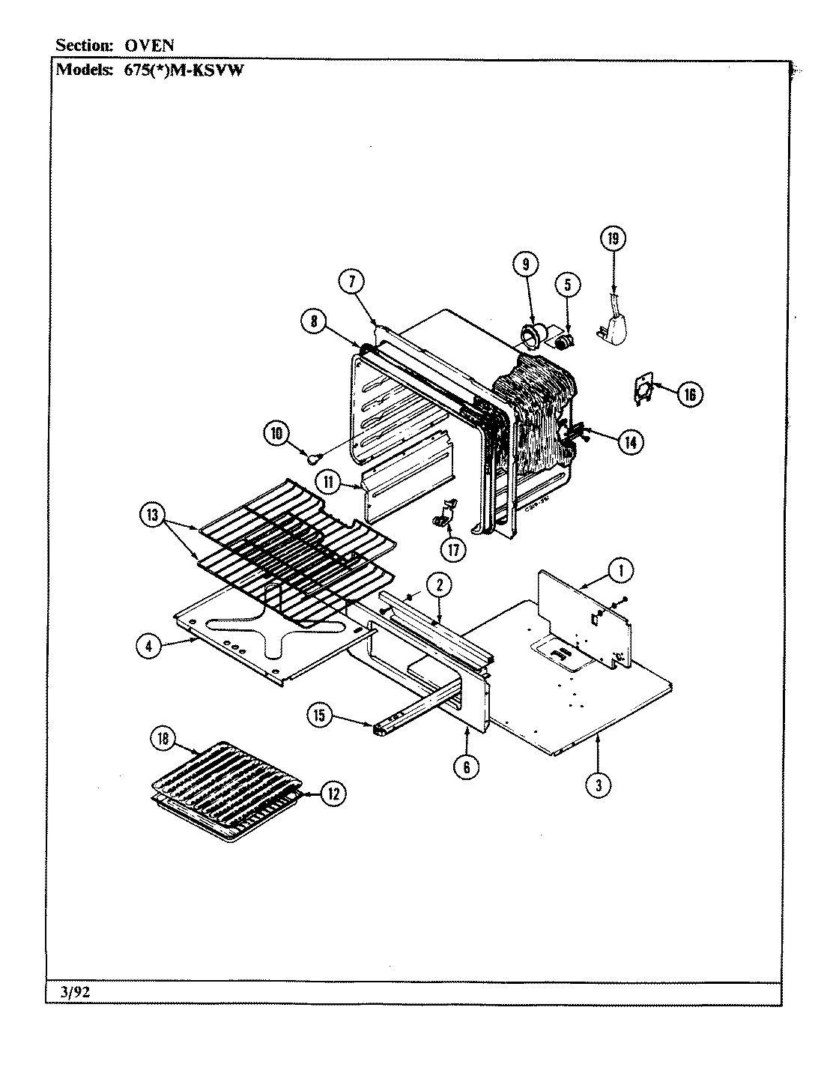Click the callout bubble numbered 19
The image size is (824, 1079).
click(x=613, y=239)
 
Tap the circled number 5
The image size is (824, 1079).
click(x=567, y=284)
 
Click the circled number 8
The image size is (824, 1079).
click(x=314, y=320)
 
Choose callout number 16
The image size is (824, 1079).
click(x=690, y=393)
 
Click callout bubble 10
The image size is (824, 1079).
click(x=276, y=432)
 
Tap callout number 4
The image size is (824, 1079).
click(x=149, y=647)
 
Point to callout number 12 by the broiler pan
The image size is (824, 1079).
click(x=333, y=794)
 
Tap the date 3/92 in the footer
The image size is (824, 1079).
click(x=73, y=992)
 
